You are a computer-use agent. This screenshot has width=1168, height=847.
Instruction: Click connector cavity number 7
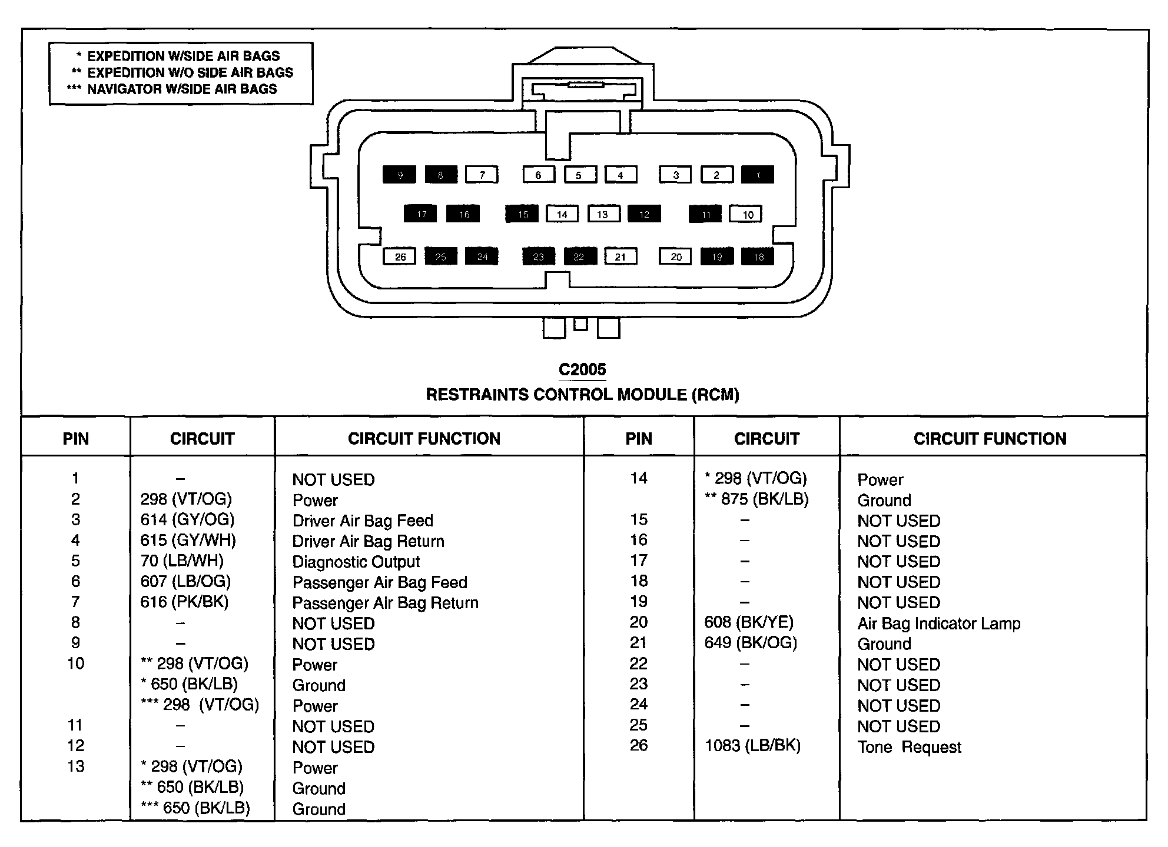482,175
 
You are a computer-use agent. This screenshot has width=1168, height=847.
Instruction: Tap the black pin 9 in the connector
399,175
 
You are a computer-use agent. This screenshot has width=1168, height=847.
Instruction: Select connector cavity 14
562,214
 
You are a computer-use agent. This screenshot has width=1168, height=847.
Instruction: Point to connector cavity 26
400,256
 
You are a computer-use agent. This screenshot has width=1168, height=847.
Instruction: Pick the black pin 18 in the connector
758,256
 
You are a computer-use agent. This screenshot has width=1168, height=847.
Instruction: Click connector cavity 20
676,256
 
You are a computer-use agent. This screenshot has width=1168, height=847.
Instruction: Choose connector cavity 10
746,214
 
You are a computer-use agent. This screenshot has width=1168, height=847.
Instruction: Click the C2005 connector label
582,369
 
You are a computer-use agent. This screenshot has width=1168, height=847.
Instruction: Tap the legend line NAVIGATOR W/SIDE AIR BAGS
182,89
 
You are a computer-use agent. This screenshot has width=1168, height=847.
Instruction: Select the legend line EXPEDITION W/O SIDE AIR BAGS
190,72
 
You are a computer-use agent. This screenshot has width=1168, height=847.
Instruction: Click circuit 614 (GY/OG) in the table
187,519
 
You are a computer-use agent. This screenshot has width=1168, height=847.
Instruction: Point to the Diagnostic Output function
356,562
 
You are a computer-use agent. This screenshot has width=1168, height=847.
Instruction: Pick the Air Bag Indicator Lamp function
939,623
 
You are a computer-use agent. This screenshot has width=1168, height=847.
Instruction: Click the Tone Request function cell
909,747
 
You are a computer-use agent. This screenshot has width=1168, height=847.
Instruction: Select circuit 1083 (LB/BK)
752,746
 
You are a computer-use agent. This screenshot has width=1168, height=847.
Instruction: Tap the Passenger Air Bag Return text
385,603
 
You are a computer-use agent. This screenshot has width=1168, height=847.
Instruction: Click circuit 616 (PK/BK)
184,602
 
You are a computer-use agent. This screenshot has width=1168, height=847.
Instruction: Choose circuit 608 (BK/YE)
749,622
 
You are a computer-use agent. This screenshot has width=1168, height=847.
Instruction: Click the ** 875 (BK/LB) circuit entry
757,499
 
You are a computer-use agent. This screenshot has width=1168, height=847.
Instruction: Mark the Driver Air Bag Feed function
363,521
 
